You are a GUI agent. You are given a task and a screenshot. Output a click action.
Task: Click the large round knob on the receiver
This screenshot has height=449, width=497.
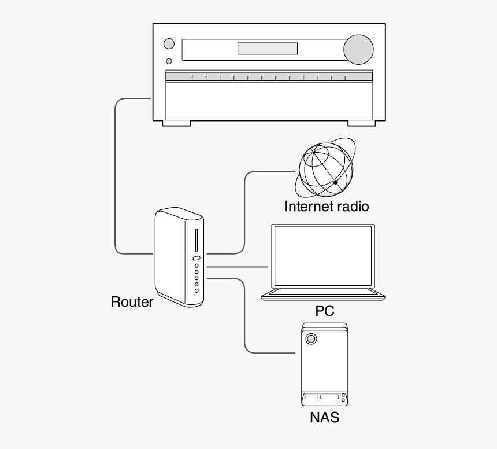click(x=358, y=49)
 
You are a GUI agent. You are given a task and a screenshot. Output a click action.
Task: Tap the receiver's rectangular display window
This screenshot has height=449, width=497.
click(x=268, y=49)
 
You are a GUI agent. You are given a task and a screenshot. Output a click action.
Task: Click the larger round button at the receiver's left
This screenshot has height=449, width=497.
click(x=169, y=43)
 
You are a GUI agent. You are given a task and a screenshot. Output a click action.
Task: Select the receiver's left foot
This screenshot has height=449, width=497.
click(x=176, y=123)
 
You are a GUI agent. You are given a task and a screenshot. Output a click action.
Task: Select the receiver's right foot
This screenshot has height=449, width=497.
click(x=361, y=123)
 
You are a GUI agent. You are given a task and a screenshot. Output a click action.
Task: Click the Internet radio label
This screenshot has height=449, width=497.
click(x=327, y=207)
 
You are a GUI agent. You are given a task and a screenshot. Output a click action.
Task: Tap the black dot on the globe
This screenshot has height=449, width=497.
click(x=335, y=183)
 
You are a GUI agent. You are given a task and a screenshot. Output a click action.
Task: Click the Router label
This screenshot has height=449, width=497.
click(x=132, y=301)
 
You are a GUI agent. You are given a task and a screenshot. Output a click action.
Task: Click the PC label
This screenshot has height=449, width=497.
click(x=325, y=311)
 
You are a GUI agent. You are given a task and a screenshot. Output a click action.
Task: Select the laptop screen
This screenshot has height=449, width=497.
click(x=322, y=256)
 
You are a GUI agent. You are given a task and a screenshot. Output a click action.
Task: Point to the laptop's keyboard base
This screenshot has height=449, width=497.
click(x=323, y=295)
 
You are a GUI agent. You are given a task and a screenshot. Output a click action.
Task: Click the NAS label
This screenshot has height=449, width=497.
click(x=324, y=417)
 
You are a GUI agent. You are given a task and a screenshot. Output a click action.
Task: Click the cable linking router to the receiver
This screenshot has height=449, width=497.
click(x=116, y=174)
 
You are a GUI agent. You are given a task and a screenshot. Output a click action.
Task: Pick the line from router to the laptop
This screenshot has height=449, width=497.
click(x=237, y=267)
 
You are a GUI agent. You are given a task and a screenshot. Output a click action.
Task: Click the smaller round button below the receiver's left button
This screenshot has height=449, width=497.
click(x=169, y=61)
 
